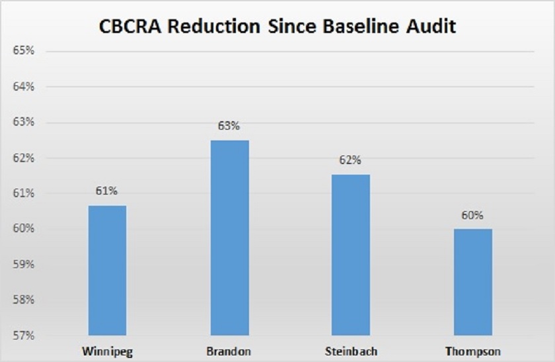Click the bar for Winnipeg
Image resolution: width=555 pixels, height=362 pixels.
[107, 270]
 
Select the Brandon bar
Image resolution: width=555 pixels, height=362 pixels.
[229, 238]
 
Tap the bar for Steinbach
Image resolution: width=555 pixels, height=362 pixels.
[351, 255]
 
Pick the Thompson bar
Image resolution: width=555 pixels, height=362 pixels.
[473, 282]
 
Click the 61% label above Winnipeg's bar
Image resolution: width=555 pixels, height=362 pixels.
[107, 191]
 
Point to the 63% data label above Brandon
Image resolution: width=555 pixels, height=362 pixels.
[229, 126]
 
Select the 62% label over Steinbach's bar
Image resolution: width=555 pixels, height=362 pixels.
[351, 160]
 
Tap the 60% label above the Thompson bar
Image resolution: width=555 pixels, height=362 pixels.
[473, 215]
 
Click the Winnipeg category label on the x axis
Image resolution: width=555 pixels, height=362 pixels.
[107, 349]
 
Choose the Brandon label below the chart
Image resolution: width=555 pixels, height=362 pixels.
[229, 349]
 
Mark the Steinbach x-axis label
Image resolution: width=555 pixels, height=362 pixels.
[351, 349]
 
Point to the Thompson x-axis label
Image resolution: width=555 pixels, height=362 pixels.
[473, 349]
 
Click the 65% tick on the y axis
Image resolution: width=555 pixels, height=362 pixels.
[23, 51]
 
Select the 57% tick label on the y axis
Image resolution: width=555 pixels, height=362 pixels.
[23, 335]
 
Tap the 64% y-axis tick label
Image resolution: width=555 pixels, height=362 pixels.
[23, 87]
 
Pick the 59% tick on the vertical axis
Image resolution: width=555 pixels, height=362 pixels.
[23, 264]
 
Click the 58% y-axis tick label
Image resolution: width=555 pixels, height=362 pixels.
[23, 300]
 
